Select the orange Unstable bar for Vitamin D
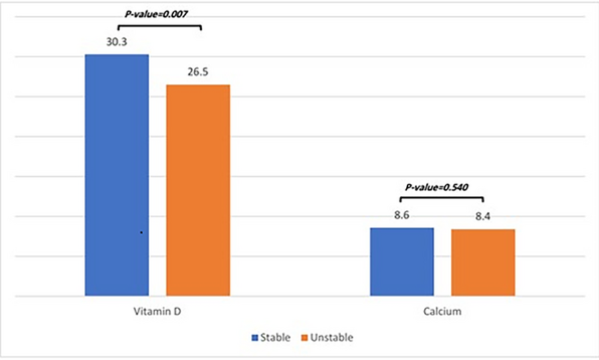198,190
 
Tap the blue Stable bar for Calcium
402,262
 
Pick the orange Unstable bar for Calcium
483,263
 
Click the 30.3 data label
117,42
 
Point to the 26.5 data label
198,72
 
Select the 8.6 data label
402,215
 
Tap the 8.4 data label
483,217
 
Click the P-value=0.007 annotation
156,14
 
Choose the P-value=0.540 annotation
436,187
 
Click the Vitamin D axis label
157,312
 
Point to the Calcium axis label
442,312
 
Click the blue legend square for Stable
255,338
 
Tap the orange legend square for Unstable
305,338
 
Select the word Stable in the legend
275,338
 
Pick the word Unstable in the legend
332,338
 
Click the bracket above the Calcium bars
442,198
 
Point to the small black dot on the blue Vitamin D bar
141,233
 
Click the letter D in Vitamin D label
177,312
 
